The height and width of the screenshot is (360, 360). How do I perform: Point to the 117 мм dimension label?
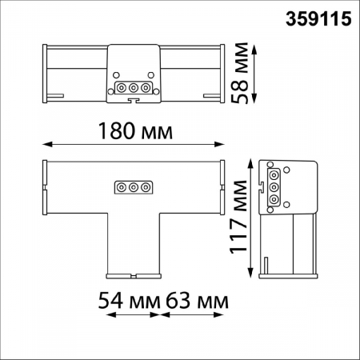coord(241,216)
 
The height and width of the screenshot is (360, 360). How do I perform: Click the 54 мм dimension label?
coord(126,302)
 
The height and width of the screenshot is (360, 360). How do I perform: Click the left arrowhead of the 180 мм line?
coord(43,145)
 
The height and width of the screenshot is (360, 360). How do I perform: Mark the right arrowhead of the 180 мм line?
coord(223,145)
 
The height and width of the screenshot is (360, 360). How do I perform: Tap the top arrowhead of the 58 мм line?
coord(254,47)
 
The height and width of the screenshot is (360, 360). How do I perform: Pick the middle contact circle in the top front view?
coord(134,88)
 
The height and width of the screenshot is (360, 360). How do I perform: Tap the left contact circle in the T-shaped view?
coord(122,187)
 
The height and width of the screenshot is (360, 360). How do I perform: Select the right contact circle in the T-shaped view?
coord(146,187)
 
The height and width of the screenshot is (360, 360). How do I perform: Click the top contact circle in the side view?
coord(274,174)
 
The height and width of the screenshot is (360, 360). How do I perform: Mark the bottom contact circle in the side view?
coord(274,198)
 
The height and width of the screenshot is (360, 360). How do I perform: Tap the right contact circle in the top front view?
coord(146,88)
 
